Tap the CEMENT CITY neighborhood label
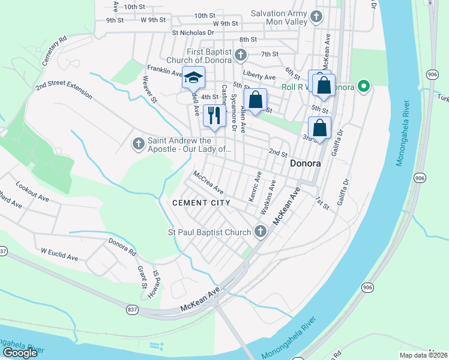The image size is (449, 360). click(x=201, y=203)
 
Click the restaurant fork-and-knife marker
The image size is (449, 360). click(x=213, y=115)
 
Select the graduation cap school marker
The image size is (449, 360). click(x=194, y=78)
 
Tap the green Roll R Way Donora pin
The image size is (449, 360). click(x=363, y=86)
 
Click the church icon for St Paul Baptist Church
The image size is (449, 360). click(x=260, y=231)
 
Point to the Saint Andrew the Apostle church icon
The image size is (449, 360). click(x=138, y=144)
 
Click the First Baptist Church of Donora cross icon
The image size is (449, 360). click(x=240, y=56)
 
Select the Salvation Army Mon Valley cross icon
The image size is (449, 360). click(x=317, y=17)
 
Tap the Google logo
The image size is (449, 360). click(x=20, y=353)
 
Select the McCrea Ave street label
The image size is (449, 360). click(x=208, y=182)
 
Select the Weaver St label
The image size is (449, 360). click(x=149, y=88)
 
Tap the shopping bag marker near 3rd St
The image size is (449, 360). click(x=319, y=128)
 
